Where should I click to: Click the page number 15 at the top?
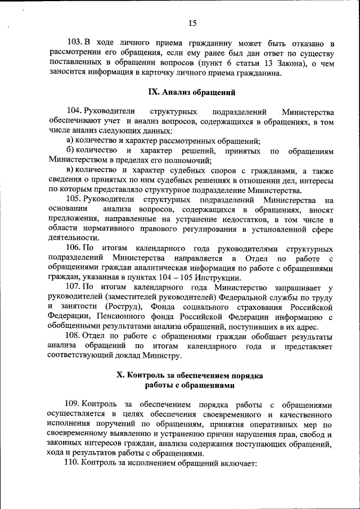(x=192, y=23)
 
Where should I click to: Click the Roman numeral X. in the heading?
(x=119, y=375)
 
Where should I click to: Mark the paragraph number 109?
(x=75, y=404)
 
